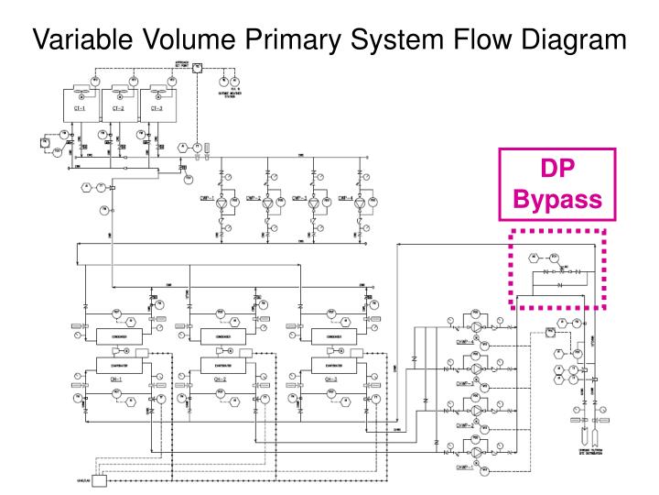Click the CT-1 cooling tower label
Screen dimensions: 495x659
tap(80, 107)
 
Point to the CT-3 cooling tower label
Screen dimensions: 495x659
tap(157, 107)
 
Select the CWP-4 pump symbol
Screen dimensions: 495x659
tap(362, 199)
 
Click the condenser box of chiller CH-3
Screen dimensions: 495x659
tap(330, 337)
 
